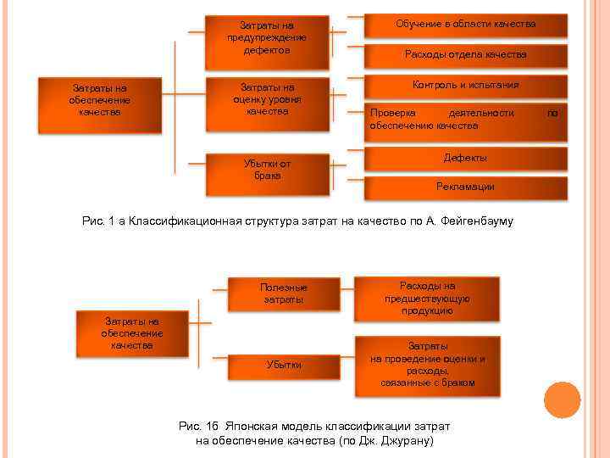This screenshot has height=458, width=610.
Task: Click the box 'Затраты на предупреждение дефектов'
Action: pyautogui.click(x=267, y=38)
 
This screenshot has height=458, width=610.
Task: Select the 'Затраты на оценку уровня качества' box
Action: pyautogui.click(x=267, y=99)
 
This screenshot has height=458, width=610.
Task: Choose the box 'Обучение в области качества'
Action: pyautogui.click(x=465, y=25)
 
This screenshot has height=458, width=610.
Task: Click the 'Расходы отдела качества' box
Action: pyautogui.click(x=465, y=54)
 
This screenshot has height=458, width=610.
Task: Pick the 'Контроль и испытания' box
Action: pyautogui.click(x=465, y=86)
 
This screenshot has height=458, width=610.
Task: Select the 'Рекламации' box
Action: pyautogui.click(x=465, y=187)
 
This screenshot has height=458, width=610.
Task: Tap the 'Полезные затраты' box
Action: pyautogui.click(x=284, y=293)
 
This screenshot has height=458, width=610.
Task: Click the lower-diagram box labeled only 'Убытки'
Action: pyautogui.click(x=284, y=365)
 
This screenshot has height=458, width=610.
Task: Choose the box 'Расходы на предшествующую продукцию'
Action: pyautogui.click(x=428, y=298)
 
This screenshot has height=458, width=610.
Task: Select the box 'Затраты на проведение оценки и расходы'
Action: pyautogui.click(x=428, y=365)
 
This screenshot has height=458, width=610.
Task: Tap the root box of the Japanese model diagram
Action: pyautogui.click(x=132, y=333)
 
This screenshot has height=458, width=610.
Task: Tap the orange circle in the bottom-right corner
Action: pyautogui.click(x=562, y=400)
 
